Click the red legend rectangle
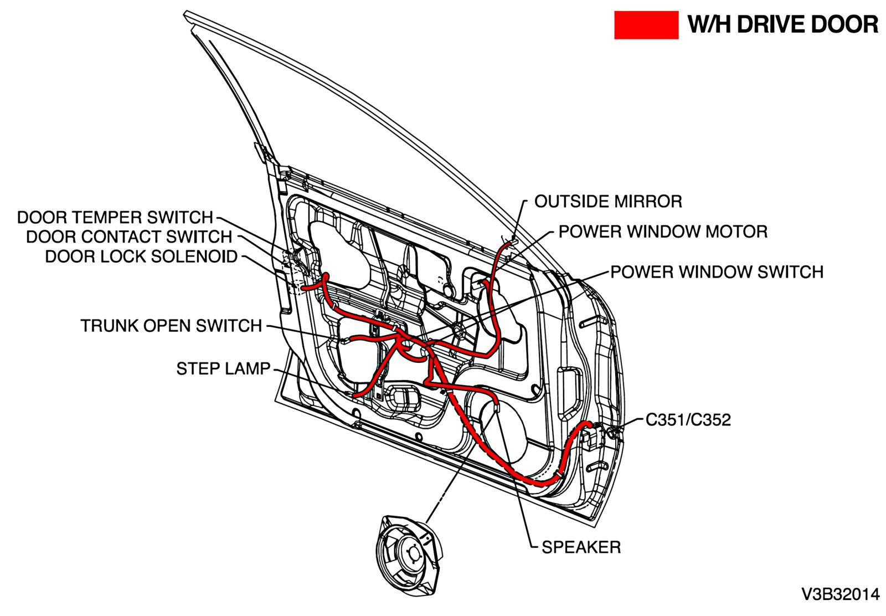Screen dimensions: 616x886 646,25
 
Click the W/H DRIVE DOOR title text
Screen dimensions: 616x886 782,25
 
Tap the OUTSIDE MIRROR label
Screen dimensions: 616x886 607,202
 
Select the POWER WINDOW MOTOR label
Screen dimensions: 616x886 662,232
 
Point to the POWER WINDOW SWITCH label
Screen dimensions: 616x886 717,272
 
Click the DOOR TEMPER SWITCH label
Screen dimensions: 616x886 115,217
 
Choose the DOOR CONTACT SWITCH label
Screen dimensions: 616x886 129,237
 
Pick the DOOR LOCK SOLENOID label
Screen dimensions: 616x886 141,256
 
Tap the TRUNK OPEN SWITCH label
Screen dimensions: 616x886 171,326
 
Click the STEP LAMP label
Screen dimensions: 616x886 223,368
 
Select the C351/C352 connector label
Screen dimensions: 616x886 688,420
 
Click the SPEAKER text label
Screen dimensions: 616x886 581,547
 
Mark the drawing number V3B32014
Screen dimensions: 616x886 840,594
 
